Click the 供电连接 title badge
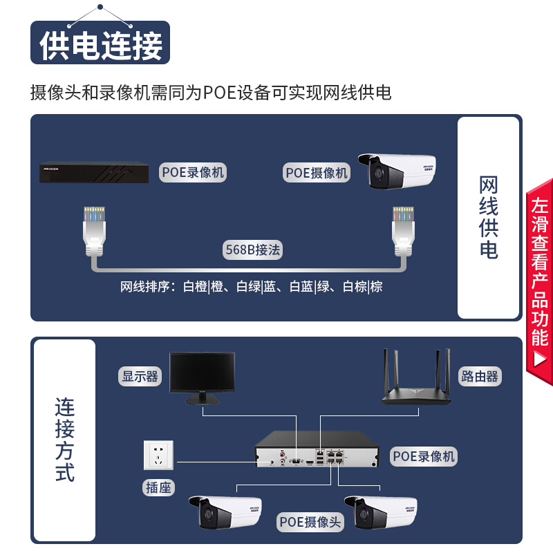100,43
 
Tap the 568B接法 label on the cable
252,250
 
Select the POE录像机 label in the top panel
193,172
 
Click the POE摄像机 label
317,172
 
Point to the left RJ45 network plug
94,232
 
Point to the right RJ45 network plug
403,232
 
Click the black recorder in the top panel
94,172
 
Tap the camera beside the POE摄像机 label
397,171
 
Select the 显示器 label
140,376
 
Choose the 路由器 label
480,376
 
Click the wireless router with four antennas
416,377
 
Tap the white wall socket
159,455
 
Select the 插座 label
158,488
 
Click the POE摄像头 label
310,522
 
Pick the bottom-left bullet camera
225,512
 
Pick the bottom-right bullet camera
381,512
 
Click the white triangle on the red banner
540,359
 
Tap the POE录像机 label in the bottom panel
424,456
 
